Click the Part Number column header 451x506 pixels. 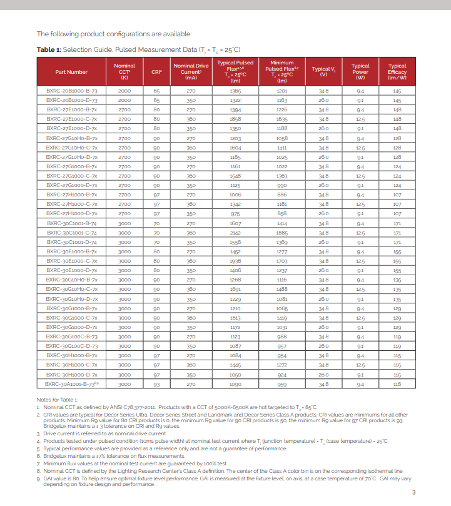(x=71, y=72)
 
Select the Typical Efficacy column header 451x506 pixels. (x=397, y=72)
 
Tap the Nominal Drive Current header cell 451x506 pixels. (x=191, y=72)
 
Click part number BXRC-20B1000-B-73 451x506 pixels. (x=71, y=91)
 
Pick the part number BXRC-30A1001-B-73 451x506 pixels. (x=71, y=384)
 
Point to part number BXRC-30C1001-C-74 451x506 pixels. (x=71, y=233)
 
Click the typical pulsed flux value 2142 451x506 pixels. (x=235, y=233)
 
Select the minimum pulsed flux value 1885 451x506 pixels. (x=281, y=233)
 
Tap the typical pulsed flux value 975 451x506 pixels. (x=235, y=214)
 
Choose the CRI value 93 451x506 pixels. (x=156, y=384)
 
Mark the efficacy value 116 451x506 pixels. (x=397, y=384)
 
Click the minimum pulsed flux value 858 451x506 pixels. (x=281, y=214)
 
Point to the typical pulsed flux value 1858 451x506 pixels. (x=235, y=119)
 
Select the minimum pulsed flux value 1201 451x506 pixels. (x=281, y=91)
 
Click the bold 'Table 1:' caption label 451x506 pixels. (x=49, y=49)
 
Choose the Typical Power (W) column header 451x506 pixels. (x=360, y=72)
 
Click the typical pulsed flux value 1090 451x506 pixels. (x=235, y=384)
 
